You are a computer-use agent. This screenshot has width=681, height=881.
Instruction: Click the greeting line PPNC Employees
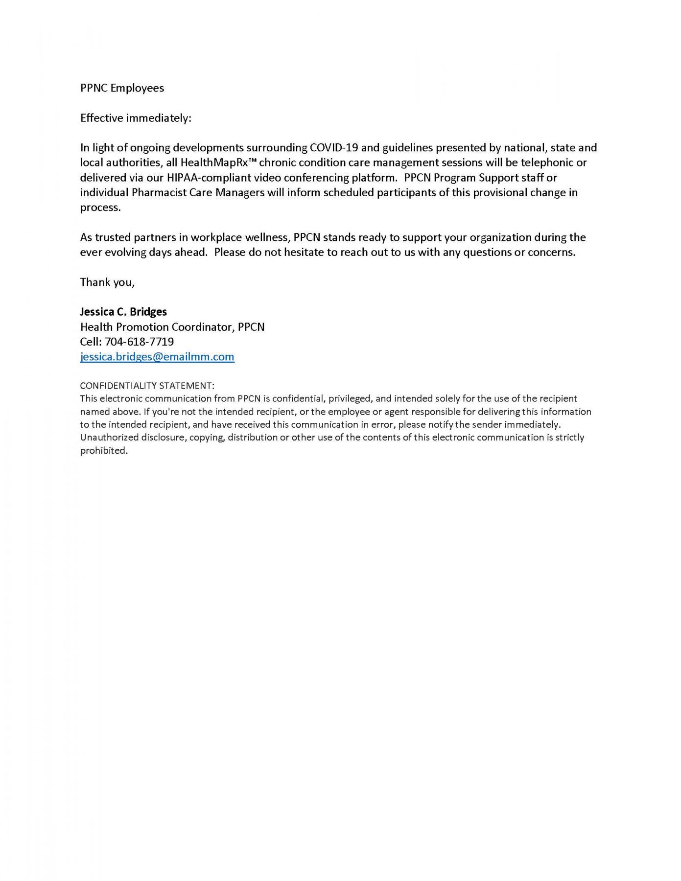122,88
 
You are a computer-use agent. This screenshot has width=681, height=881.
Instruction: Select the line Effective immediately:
136,118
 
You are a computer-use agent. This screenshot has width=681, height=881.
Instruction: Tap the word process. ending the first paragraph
100,208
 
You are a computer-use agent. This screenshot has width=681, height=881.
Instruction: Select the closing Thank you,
107,282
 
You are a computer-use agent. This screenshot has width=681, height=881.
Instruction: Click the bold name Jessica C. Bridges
123,312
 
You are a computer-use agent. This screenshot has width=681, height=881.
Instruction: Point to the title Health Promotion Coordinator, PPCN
172,327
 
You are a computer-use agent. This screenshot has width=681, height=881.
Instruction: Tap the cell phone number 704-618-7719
139,342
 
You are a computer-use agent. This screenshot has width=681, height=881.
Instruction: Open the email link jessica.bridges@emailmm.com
157,357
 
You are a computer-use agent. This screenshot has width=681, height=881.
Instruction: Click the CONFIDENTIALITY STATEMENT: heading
147,386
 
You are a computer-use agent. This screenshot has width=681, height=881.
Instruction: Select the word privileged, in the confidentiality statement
350,398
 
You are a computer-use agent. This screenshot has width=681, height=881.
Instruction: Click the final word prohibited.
104,451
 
